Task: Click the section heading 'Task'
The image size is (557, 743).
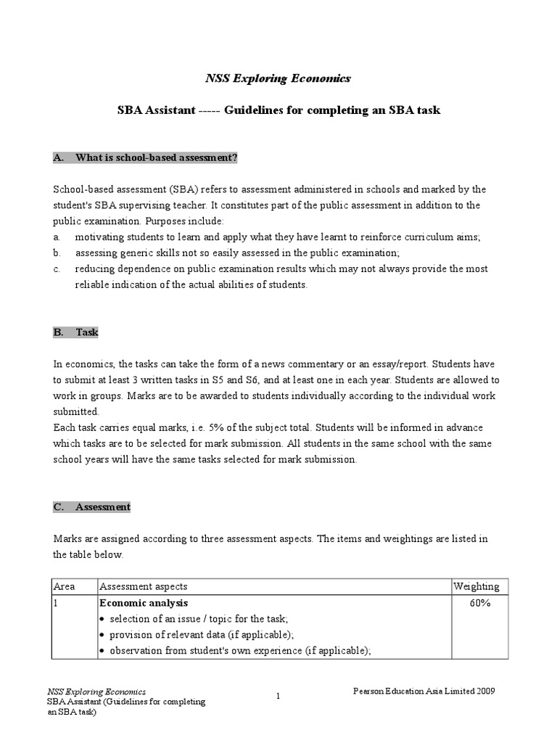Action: pos(86,332)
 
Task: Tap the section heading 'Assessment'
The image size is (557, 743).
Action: pos(102,507)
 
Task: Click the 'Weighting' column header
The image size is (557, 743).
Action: pos(476,586)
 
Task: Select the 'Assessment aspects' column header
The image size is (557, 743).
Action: pos(143,586)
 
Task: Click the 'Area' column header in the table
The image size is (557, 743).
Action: pos(65,586)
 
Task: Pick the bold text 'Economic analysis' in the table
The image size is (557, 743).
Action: pos(144,603)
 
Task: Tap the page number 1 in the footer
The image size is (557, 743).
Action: pos(278,697)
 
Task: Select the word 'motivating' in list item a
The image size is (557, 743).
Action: pos(99,237)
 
